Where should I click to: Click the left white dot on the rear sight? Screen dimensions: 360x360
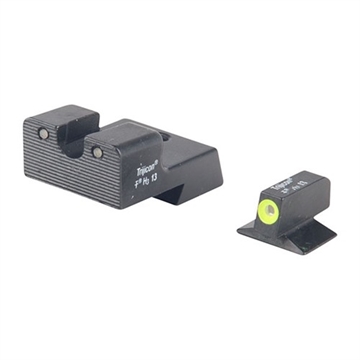click(x=44, y=133)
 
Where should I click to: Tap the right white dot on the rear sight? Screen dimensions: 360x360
click(x=97, y=152)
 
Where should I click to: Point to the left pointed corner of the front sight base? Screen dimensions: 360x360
click(x=240, y=229)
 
